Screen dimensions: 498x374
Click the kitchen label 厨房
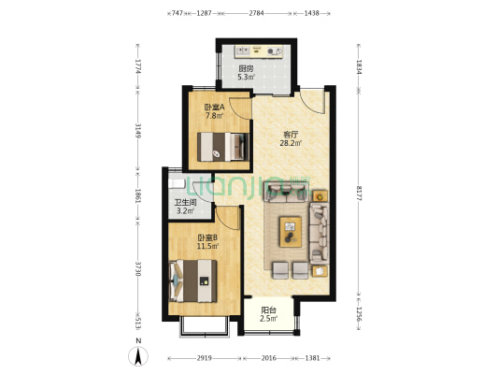[x=246, y=68]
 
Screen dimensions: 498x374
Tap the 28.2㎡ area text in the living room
[x=291, y=143]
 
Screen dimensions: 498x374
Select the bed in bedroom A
[x=223, y=147]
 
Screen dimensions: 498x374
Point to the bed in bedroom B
[x=193, y=281]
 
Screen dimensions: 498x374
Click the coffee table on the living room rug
[x=291, y=232]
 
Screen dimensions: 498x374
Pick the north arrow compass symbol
[x=138, y=356]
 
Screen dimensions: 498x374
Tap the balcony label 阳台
[x=268, y=310]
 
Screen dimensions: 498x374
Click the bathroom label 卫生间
[x=186, y=202]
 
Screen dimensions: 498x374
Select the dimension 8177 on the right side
[x=359, y=194]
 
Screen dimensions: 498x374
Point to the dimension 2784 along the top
[x=256, y=13]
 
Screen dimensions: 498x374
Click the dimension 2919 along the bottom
[x=205, y=358]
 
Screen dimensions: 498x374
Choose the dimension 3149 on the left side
[x=138, y=131]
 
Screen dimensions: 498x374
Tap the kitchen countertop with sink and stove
[x=259, y=51]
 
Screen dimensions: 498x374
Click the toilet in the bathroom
[x=177, y=183]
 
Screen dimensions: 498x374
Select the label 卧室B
[x=207, y=237]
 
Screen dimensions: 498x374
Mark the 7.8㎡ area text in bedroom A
[x=214, y=116]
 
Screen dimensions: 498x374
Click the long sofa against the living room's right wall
[x=319, y=234]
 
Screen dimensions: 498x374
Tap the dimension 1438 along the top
[x=311, y=13]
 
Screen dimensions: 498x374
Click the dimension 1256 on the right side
[x=359, y=314]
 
